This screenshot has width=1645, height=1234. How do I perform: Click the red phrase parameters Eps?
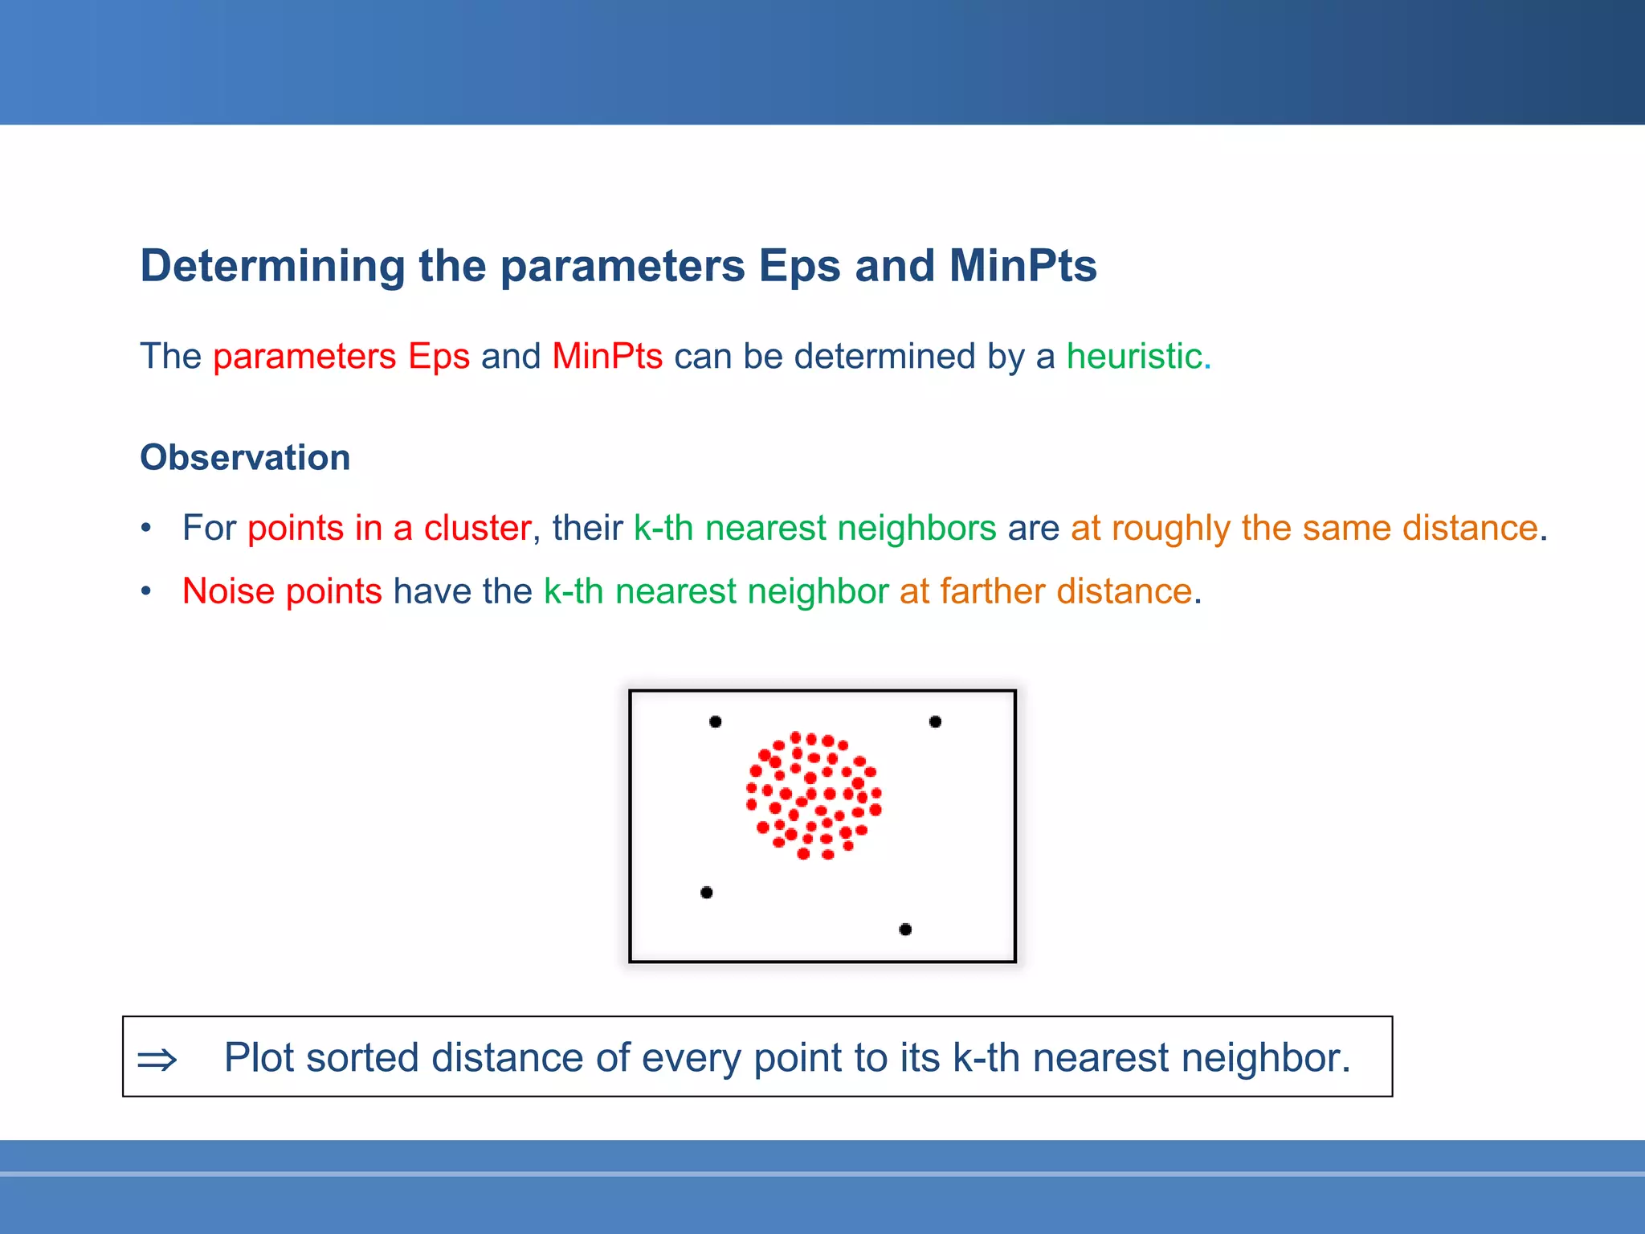(341, 356)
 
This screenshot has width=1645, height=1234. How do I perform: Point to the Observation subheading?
(245, 457)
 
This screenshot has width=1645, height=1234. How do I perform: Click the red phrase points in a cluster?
(390, 528)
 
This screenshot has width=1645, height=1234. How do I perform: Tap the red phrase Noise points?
(282, 591)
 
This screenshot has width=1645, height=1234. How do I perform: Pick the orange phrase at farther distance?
(1045, 591)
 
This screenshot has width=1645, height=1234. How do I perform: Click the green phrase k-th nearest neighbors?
(814, 528)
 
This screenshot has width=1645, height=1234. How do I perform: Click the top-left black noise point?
(716, 721)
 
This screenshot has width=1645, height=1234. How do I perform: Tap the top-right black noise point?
(935, 721)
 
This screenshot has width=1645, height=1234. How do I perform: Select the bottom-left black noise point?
(707, 893)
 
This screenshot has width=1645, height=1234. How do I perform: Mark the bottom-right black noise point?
(905, 930)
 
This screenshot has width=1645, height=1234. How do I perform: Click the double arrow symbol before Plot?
(157, 1060)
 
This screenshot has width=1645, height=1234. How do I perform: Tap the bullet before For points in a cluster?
(146, 529)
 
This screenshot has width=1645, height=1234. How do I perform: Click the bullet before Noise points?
(146, 592)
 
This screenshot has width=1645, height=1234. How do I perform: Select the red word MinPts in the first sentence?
(607, 356)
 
